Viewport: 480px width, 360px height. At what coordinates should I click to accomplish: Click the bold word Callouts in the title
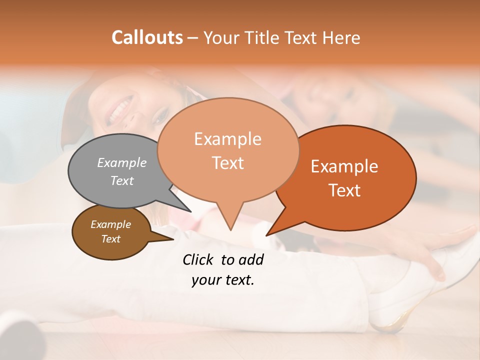point(147,37)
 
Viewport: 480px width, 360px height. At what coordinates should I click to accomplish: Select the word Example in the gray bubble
point(122,162)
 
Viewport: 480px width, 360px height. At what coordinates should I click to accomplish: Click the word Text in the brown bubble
point(111,239)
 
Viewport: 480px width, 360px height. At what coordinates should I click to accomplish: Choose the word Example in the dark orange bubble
point(344,166)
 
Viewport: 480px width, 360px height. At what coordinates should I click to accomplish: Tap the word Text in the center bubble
point(228,162)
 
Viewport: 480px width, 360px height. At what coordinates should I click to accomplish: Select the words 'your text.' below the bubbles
point(223,280)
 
